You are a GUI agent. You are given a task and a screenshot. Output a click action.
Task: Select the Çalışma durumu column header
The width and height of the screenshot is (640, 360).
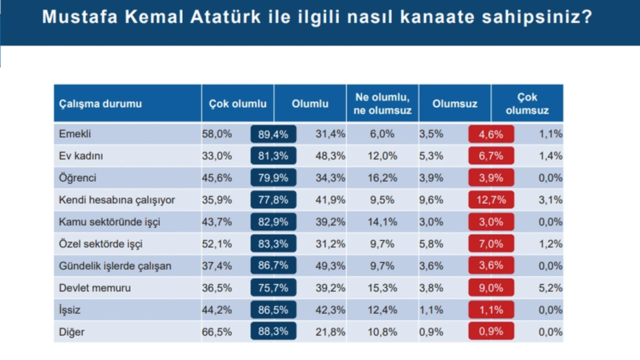pos(100,104)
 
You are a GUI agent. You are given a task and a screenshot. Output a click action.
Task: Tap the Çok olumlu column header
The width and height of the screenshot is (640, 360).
pos(238,104)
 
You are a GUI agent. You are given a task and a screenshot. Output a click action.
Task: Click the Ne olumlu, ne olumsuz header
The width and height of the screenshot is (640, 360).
pos(382,104)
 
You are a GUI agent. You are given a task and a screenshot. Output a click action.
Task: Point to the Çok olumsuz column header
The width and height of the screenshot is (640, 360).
pos(527,104)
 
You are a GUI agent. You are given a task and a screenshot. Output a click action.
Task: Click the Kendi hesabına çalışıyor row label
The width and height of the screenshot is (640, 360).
pos(117,200)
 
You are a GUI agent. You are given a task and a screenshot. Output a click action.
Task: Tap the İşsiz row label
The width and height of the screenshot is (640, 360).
pos(69,310)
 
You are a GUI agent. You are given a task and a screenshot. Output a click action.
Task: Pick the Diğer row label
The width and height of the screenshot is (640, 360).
pos(72,332)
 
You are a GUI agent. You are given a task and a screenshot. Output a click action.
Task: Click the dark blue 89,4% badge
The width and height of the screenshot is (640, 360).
pos(273,134)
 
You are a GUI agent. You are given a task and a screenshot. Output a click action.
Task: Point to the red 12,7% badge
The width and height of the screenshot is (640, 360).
pos(491,200)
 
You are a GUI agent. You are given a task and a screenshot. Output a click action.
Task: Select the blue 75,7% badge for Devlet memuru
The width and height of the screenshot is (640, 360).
pos(273,288)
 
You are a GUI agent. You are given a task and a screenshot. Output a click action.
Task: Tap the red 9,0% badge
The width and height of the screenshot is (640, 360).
pos(491,288)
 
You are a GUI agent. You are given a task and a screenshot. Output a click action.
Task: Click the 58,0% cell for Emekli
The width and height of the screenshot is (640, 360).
pos(217,134)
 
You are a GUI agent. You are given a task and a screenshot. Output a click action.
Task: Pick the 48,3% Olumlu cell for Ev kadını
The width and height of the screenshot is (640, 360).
pos(330,156)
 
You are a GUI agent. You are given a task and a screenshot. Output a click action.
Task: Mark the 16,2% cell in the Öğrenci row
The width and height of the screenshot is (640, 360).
pos(382,178)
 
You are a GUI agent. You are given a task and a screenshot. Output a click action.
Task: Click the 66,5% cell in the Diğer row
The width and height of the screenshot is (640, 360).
pos(217,332)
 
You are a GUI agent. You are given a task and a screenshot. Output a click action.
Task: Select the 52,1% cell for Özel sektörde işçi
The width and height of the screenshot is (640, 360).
pos(217,244)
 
